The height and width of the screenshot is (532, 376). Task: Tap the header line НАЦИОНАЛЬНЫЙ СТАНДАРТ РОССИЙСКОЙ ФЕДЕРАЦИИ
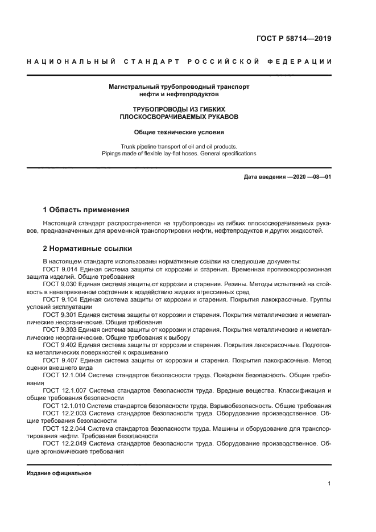click(x=179, y=61)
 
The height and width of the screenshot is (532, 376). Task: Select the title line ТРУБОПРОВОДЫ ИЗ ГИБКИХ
click(x=179, y=108)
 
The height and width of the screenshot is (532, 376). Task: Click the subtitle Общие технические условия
click(x=179, y=132)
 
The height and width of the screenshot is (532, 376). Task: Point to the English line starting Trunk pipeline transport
click(x=179, y=146)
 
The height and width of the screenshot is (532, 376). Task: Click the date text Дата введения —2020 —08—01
click(x=287, y=177)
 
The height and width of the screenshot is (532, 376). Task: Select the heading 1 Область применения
click(x=86, y=210)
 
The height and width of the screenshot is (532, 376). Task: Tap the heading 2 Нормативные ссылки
click(x=88, y=248)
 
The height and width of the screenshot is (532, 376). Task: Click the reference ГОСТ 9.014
click(x=59, y=268)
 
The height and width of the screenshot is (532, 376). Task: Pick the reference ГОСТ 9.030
click(x=59, y=283)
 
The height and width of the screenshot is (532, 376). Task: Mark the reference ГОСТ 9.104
click(x=59, y=299)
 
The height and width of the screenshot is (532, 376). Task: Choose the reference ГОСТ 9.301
click(x=59, y=314)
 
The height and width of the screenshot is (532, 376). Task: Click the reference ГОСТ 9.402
click(x=59, y=345)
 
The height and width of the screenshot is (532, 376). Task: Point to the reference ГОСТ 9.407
click(x=59, y=360)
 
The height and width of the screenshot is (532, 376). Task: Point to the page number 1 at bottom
click(x=329, y=484)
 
